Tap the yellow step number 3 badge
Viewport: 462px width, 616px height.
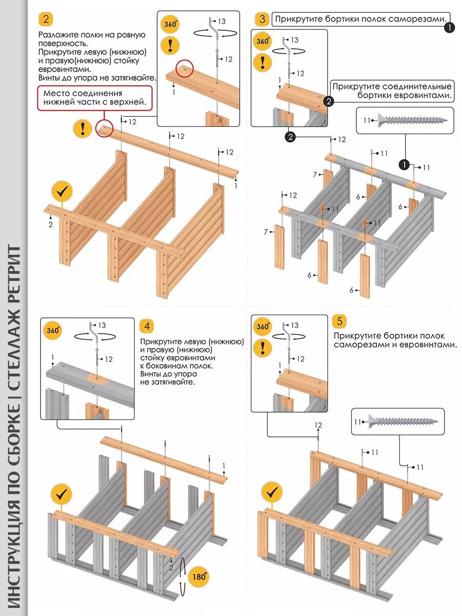click(x=262, y=20)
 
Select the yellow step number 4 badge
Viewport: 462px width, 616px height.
click(x=147, y=326)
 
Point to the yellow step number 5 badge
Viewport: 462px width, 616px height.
click(x=339, y=322)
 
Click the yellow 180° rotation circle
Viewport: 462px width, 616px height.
click(x=199, y=576)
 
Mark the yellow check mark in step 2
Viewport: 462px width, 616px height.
click(x=62, y=192)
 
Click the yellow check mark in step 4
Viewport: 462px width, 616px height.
click(x=61, y=494)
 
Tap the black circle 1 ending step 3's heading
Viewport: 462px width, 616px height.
click(x=449, y=28)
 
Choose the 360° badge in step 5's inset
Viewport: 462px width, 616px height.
click(x=263, y=326)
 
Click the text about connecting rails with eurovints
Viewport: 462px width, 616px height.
click(x=392, y=91)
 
